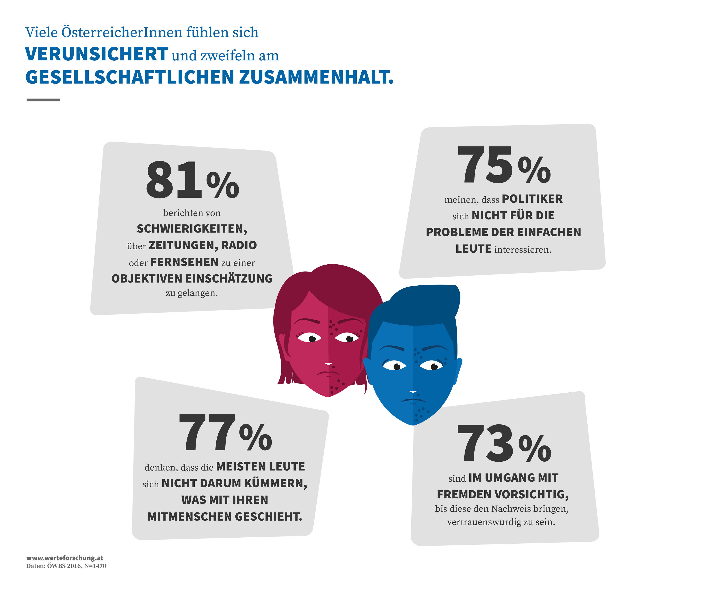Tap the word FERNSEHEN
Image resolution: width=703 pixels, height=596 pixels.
coord(185,262)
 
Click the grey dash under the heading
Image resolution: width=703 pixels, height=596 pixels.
coord(43,100)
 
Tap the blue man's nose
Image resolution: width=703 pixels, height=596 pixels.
coord(413,392)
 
